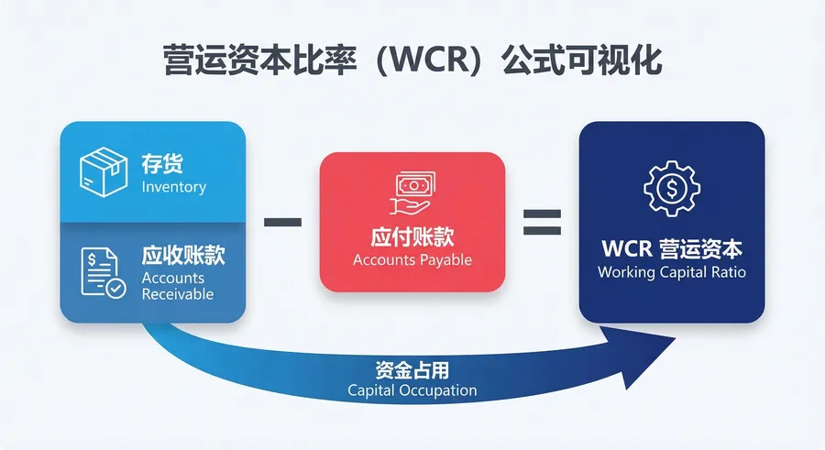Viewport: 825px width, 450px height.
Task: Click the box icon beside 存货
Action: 103,171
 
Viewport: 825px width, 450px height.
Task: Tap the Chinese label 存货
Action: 162,164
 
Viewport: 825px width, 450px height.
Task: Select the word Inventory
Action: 174,187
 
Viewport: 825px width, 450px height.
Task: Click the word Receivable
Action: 178,294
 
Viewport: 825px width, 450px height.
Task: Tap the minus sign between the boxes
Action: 282,222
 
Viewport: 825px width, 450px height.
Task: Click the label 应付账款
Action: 412,236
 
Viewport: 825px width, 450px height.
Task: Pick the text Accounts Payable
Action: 412,259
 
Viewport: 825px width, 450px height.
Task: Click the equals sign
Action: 542,222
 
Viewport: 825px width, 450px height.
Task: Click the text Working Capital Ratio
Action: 672,272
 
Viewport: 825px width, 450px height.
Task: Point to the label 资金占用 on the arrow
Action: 412,370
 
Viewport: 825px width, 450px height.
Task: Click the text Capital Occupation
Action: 412,390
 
